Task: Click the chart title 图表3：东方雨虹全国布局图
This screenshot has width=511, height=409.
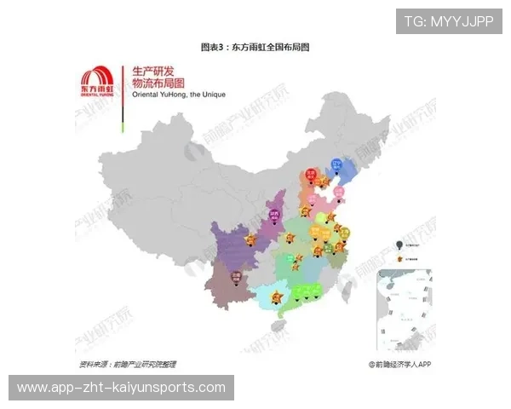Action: (255, 47)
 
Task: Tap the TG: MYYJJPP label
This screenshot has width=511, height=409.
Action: (449, 21)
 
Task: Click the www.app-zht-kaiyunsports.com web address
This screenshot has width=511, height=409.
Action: (122, 388)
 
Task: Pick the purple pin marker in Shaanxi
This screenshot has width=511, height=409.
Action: (276, 213)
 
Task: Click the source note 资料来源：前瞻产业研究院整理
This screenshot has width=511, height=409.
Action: (128, 364)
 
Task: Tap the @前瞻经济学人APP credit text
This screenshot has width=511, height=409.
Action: (400, 364)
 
